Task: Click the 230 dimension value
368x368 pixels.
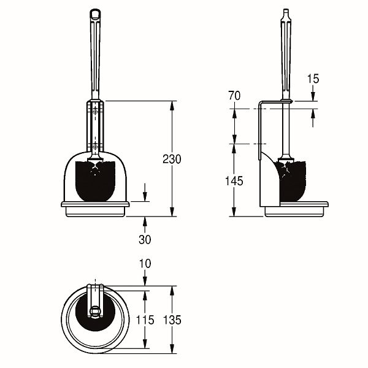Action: click(x=172, y=159)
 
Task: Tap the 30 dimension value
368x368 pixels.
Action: click(x=145, y=239)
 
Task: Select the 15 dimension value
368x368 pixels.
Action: click(x=313, y=79)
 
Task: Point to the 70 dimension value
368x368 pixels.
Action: click(x=234, y=96)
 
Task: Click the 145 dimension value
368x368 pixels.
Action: click(x=234, y=181)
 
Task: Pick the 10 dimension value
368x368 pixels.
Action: click(x=145, y=264)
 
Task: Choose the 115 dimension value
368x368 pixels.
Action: click(x=145, y=320)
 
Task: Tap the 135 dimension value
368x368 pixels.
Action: click(x=172, y=320)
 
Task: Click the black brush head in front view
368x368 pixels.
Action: click(x=95, y=181)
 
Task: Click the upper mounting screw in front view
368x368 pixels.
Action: click(x=95, y=110)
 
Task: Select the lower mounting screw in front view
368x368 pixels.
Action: click(x=95, y=146)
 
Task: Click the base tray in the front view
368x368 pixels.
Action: click(x=95, y=209)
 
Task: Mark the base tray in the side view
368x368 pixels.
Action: click(x=296, y=209)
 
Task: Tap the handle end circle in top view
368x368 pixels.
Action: click(x=95, y=312)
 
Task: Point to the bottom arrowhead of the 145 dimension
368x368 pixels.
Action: click(x=234, y=212)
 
